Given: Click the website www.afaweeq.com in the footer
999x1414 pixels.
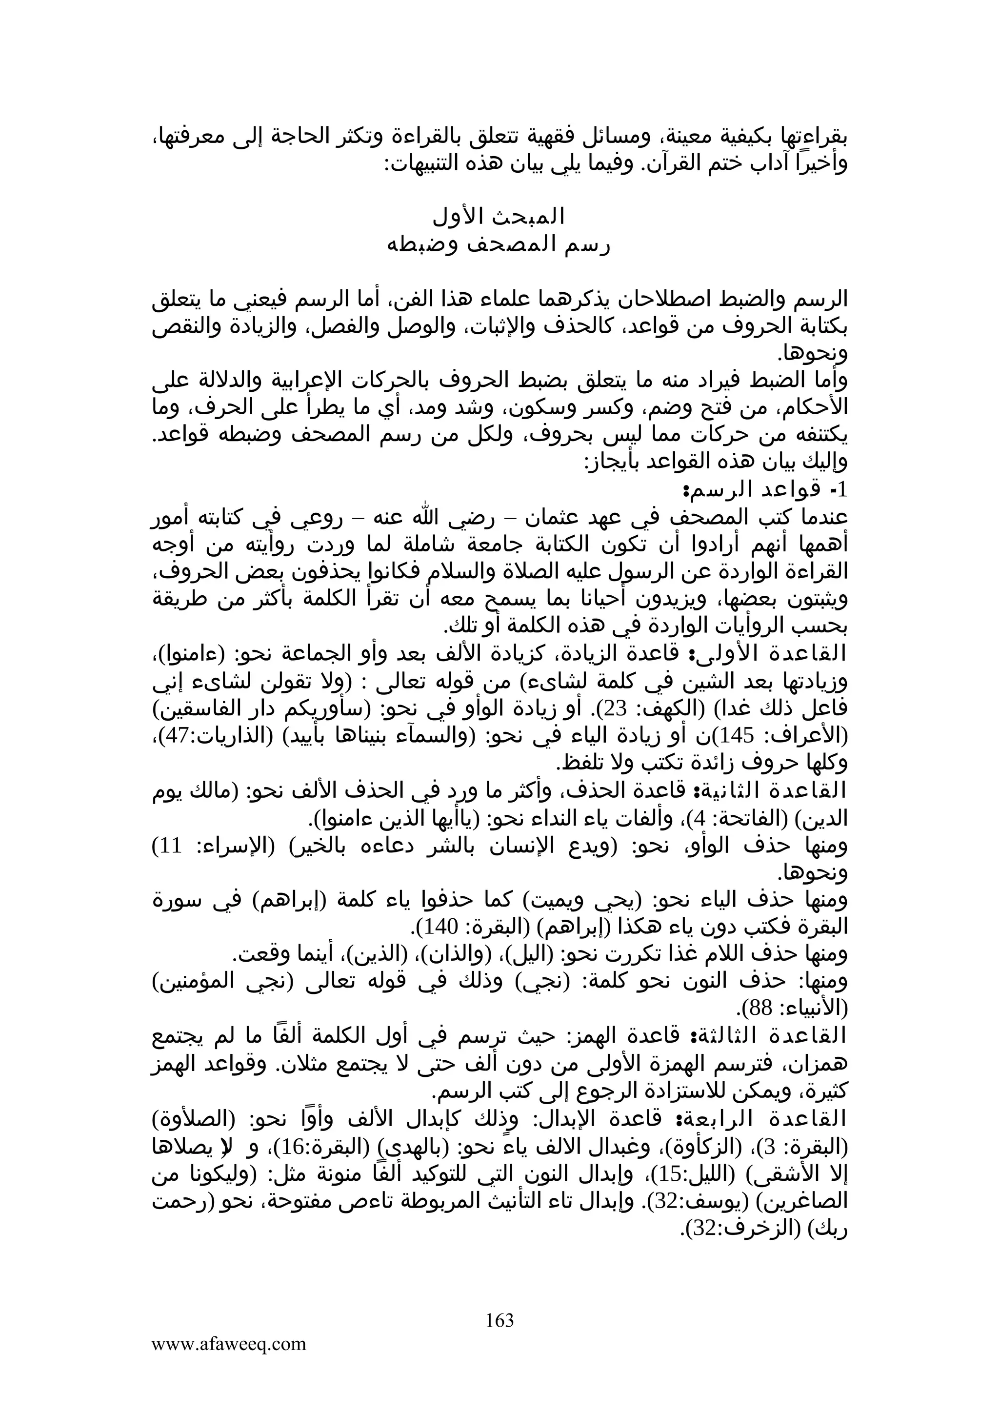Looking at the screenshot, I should pyautogui.click(x=228, y=1343).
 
